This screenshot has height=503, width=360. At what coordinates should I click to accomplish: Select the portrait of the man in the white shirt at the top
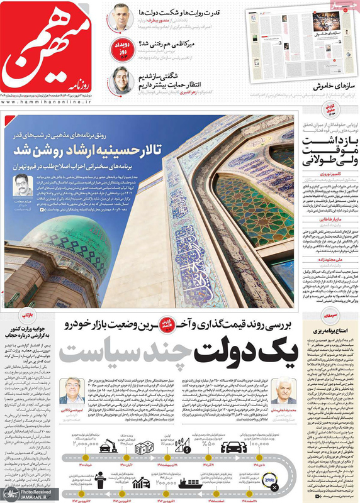120,16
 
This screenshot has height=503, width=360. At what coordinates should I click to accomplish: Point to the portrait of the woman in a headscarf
121,79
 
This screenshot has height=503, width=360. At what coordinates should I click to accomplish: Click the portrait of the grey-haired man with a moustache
284,391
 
